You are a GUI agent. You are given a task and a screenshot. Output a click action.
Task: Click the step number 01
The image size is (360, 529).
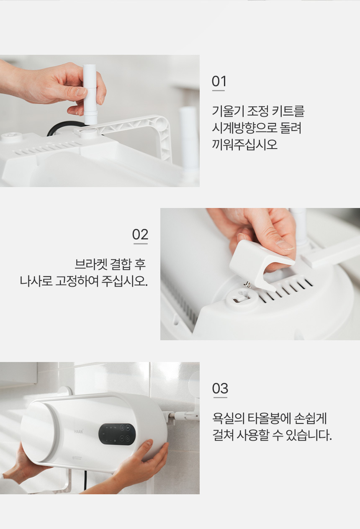(x=219, y=81)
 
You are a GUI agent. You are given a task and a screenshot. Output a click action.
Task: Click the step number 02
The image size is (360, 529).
(x=140, y=234)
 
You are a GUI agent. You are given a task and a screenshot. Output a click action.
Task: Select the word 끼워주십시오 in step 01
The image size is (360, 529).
(x=245, y=144)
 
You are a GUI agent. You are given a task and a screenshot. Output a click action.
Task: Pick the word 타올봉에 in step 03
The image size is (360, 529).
(x=269, y=419)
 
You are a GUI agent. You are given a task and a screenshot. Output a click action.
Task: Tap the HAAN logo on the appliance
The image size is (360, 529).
(x=79, y=431)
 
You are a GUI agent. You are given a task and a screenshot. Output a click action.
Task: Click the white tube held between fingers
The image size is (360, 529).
(x=90, y=95)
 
